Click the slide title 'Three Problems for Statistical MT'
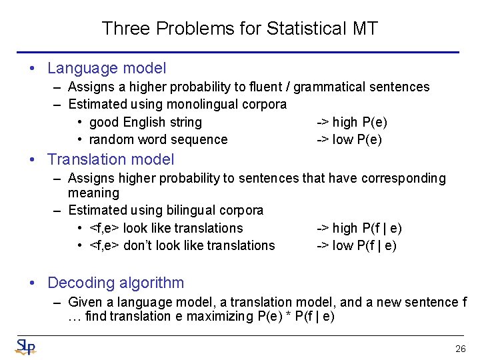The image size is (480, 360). click(240, 29)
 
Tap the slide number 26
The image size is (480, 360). click(460, 349)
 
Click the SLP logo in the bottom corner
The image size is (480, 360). click(25, 347)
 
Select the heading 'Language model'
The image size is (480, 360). click(107, 68)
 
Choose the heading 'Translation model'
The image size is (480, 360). click(111, 159)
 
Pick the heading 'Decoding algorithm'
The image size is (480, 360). click(115, 283)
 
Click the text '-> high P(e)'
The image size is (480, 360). click(351, 122)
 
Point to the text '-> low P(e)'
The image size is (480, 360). click(349, 139)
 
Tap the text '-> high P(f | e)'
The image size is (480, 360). click(359, 228)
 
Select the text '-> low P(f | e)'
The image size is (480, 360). click(356, 245)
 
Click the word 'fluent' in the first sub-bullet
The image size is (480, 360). click(265, 87)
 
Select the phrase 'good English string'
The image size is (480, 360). click(145, 122)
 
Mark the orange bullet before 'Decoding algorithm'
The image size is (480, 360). click(33, 283)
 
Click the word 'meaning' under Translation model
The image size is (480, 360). click(93, 193)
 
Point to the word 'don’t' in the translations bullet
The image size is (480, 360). click(138, 245)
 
